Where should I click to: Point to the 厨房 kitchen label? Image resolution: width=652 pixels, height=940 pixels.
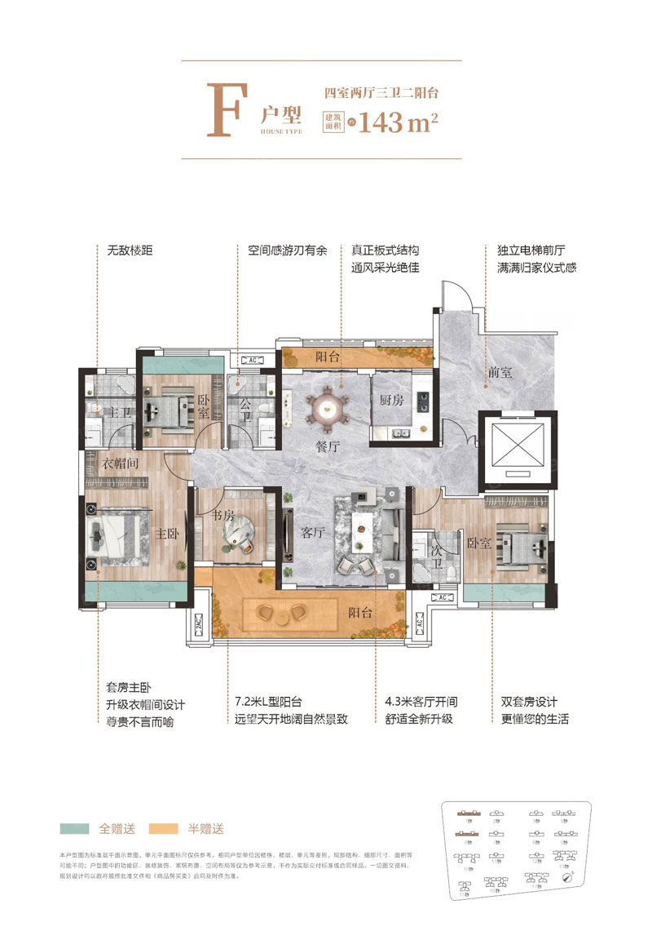392,400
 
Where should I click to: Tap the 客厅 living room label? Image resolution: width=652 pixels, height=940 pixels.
313,533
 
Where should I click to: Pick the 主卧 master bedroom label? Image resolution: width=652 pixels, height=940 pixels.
168,533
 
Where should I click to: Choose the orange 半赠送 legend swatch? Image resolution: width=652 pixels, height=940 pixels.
163,828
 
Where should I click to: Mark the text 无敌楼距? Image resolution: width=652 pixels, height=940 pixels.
124,251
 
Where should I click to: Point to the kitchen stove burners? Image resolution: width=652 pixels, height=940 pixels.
423,400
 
